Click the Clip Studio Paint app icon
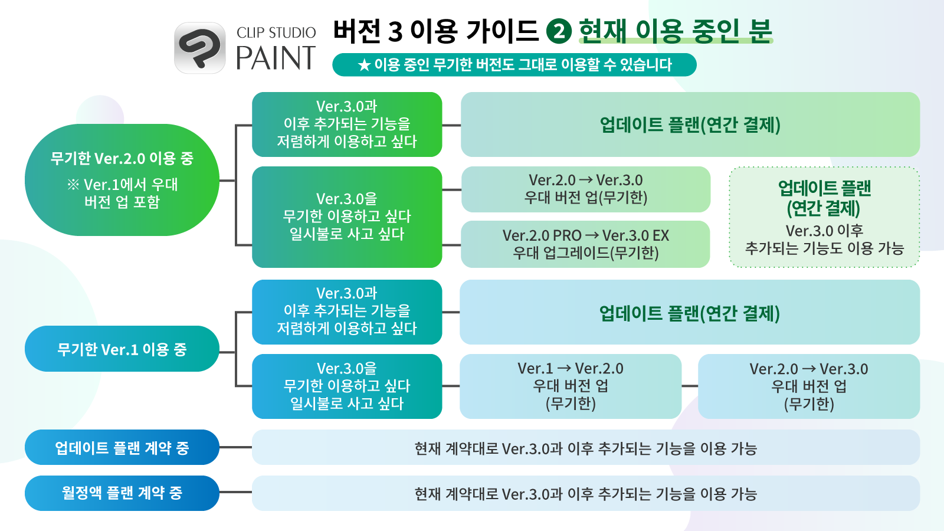[x=199, y=48]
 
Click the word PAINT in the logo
[x=276, y=58]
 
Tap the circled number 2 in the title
[x=559, y=31]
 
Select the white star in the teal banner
[x=364, y=65]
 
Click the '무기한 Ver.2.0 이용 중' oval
[x=122, y=179]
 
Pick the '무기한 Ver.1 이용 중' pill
[x=122, y=349]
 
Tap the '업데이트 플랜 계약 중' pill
[x=122, y=447]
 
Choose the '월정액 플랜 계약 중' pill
[x=122, y=493]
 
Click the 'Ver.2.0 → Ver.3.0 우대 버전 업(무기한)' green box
[x=585, y=189]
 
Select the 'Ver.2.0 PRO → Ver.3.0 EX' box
[x=585, y=244]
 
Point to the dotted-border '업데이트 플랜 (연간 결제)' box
[x=824, y=217]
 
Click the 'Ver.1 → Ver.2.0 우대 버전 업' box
[x=570, y=386]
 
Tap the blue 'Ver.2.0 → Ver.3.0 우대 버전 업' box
[x=808, y=386]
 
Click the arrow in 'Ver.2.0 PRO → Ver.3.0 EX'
[x=592, y=235]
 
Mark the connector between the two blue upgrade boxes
[x=689, y=386]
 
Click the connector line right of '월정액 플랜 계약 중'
[x=235, y=492]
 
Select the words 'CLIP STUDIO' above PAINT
[x=276, y=32]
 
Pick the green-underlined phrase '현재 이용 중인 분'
[x=676, y=31]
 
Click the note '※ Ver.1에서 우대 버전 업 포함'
[x=122, y=193]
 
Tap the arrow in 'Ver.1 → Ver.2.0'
[x=564, y=369]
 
